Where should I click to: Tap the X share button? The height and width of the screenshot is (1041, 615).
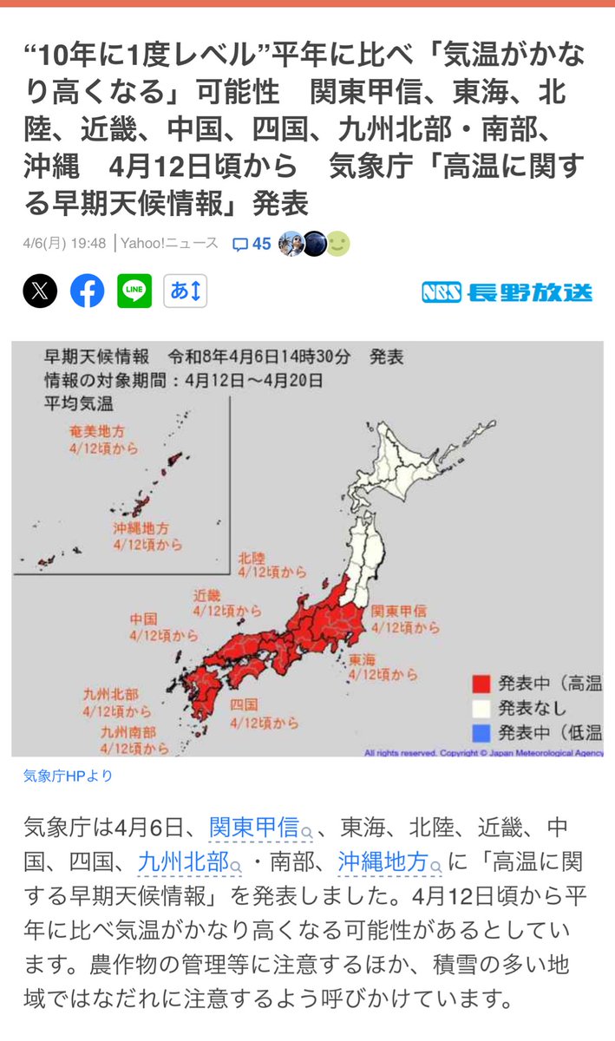click(x=40, y=291)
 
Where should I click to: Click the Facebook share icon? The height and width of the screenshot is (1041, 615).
click(x=87, y=291)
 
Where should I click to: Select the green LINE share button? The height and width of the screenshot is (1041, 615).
click(x=134, y=291)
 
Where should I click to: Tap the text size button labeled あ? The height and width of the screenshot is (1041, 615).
click(x=186, y=291)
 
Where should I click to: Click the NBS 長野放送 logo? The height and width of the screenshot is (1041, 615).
click(x=507, y=292)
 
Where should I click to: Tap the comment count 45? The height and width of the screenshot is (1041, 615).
click(x=252, y=245)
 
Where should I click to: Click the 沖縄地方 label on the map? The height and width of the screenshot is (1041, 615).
click(x=141, y=527)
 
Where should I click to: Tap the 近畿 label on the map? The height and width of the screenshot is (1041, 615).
click(x=208, y=595)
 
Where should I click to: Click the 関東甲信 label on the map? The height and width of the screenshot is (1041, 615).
click(x=399, y=611)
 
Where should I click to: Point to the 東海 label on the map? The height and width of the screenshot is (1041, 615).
click(x=363, y=659)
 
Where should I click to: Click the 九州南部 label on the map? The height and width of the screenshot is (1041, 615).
click(x=126, y=731)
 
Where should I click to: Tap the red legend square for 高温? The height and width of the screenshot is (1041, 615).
click(x=482, y=684)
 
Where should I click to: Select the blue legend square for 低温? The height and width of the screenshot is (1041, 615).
click(x=482, y=733)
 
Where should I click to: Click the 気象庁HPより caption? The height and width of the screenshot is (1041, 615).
click(x=68, y=776)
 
